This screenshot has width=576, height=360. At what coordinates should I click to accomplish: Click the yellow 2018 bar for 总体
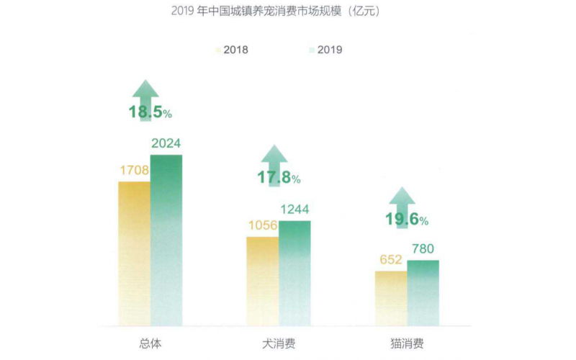click(x=135, y=252)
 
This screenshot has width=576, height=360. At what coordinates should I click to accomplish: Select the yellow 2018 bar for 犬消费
click(x=263, y=281)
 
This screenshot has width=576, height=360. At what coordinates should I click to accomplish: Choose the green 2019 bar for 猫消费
click(x=423, y=292)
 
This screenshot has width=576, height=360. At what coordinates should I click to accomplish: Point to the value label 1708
click(x=135, y=171)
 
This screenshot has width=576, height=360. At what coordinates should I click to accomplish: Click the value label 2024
click(x=166, y=143)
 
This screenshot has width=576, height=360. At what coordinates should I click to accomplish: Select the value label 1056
click(x=263, y=225)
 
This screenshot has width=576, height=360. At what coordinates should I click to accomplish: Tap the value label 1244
click(x=294, y=210)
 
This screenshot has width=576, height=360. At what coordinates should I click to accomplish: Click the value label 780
click(x=423, y=249)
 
